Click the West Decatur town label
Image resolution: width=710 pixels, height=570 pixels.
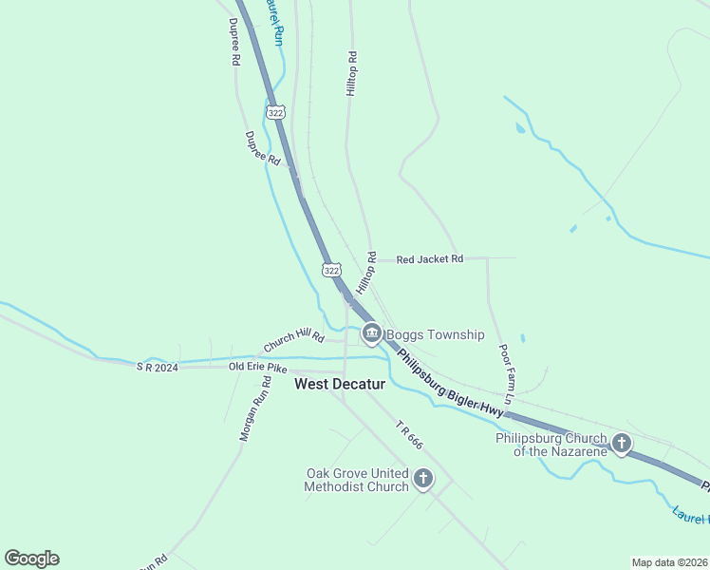pyautogui.click(x=339, y=384)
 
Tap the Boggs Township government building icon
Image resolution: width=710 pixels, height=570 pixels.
pyautogui.click(x=371, y=333)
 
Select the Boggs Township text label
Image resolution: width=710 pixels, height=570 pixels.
pyautogui.click(x=435, y=334)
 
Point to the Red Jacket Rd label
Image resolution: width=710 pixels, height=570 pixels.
pyautogui.click(x=429, y=258)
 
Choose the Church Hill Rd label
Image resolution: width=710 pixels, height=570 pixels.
pyautogui.click(x=293, y=339)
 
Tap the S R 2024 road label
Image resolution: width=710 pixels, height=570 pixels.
pyautogui.click(x=157, y=366)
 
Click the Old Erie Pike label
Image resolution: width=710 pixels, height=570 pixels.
pyautogui.click(x=257, y=366)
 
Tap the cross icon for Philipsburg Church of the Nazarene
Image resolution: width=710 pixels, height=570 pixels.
pyautogui.click(x=622, y=443)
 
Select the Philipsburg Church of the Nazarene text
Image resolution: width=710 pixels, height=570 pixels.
pyautogui.click(x=551, y=445)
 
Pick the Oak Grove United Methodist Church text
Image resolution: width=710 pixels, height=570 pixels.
pyautogui.click(x=356, y=480)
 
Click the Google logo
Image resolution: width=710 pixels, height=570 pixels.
pyautogui.click(x=31, y=559)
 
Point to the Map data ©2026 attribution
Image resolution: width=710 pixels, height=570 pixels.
pyautogui.click(x=669, y=561)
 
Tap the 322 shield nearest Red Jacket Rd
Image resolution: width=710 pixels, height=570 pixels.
pyautogui.click(x=330, y=270)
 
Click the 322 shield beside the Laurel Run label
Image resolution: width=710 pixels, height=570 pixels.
pyautogui.click(x=275, y=112)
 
